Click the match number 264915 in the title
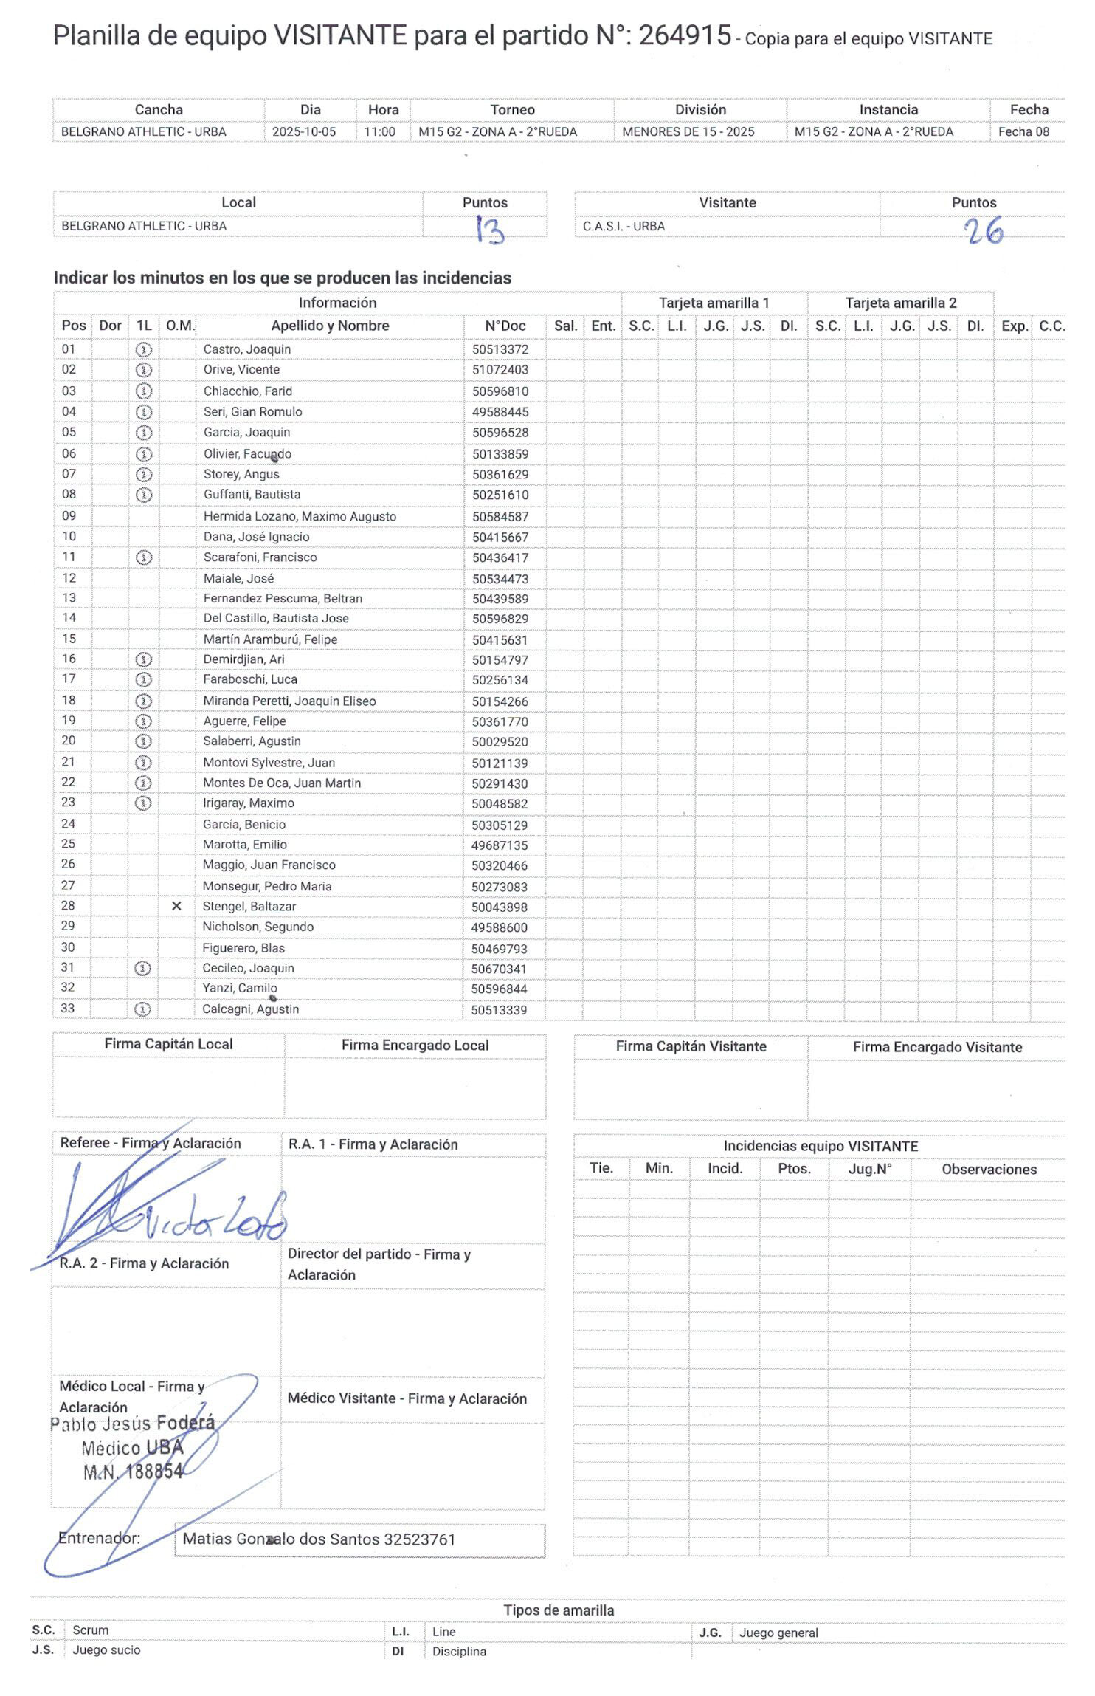click(x=684, y=35)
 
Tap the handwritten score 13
click(x=488, y=230)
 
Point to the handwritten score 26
click(x=984, y=231)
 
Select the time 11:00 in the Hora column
click(x=379, y=132)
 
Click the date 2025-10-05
click(x=303, y=132)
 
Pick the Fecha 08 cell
click(x=1023, y=132)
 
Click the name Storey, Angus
click(x=241, y=474)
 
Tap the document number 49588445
click(x=500, y=412)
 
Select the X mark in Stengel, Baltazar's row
click(x=176, y=906)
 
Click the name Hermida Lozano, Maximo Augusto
click(x=300, y=516)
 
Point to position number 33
click(x=68, y=1009)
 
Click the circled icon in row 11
click(x=145, y=557)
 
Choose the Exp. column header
click(x=1015, y=326)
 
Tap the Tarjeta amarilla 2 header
click(x=900, y=303)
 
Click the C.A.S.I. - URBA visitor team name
click(x=624, y=226)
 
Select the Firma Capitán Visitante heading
click(x=691, y=1046)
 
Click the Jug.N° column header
click(x=869, y=1169)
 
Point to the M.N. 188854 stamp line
click(x=133, y=1472)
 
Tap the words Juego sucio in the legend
click(x=106, y=1649)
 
